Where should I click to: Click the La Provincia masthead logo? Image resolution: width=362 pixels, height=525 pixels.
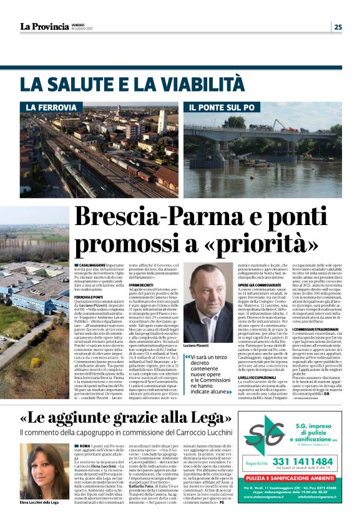click(44, 26)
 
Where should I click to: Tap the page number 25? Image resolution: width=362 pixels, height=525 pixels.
click(338, 26)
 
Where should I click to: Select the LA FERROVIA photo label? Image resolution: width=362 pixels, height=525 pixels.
click(51, 108)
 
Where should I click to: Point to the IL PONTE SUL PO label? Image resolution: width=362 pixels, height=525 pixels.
click(223, 108)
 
